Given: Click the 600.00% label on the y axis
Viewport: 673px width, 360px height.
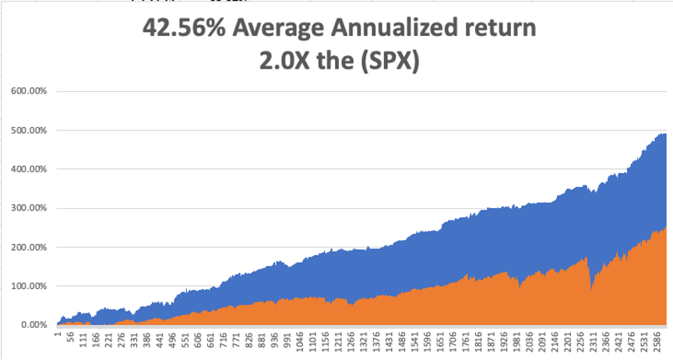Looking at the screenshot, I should click(x=30, y=91).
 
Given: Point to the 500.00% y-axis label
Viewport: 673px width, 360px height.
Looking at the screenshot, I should click(x=30, y=130).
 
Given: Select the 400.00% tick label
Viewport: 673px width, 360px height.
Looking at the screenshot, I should click(x=30, y=169).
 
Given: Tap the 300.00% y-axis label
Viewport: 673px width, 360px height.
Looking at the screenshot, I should click(x=30, y=208).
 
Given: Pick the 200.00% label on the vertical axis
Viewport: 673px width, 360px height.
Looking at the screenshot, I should click(x=30, y=247).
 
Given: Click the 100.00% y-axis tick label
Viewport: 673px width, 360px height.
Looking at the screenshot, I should click(x=30, y=286).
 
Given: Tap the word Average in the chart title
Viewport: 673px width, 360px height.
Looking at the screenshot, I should click(x=281, y=29).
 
